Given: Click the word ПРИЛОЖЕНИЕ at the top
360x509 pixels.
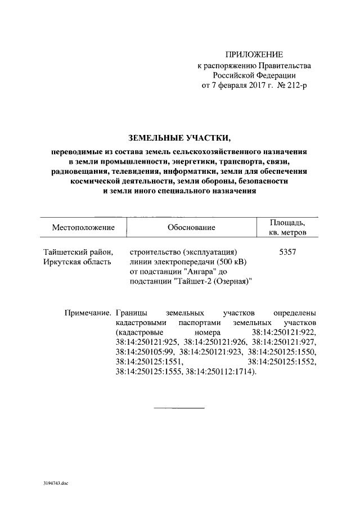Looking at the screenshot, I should pos(254,55).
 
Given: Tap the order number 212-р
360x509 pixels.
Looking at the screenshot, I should pos(296,85).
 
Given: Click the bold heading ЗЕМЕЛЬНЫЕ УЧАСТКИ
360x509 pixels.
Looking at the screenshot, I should pos(180,137).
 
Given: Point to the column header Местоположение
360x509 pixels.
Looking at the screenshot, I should pos(83,227).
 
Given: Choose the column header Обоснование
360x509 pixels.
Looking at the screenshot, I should pos(191,227).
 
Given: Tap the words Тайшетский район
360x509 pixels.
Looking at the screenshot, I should pos(78,252).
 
